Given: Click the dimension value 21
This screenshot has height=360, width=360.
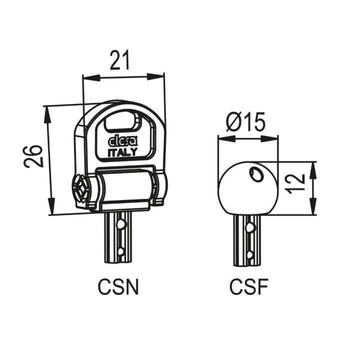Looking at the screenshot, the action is (x=119, y=60).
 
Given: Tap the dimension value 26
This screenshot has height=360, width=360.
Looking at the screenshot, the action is (x=33, y=156).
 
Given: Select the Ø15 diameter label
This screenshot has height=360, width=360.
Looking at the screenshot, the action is (x=245, y=121).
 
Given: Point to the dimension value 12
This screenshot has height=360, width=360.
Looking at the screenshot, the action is (x=295, y=184).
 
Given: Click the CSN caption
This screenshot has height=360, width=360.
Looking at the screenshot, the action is (x=118, y=287).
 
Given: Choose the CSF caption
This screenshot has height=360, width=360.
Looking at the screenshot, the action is (x=249, y=287).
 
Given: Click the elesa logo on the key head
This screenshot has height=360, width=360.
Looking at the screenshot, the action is (x=123, y=141).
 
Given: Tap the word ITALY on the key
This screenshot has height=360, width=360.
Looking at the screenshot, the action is (x=123, y=152).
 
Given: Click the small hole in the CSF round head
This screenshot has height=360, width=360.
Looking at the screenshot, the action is (x=256, y=173).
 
